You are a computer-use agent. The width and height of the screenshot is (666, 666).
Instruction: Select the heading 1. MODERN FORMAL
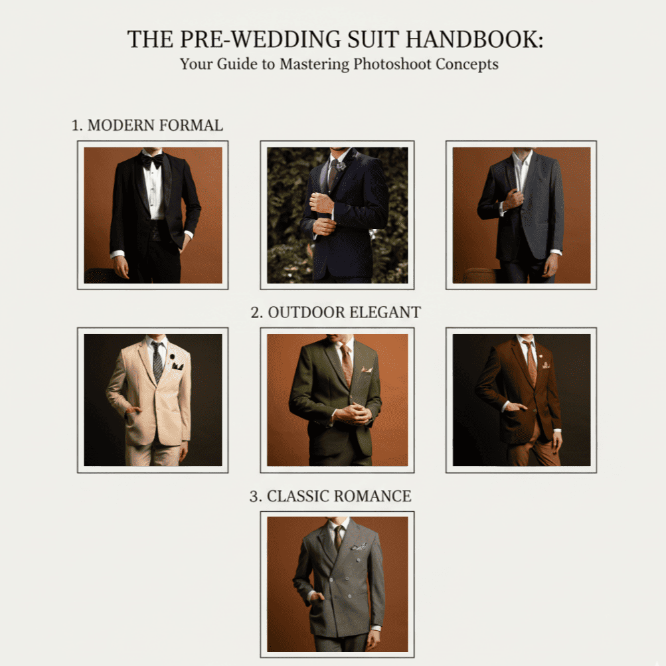(x=147, y=125)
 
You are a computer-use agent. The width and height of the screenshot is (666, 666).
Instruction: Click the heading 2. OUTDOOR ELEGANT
(x=335, y=312)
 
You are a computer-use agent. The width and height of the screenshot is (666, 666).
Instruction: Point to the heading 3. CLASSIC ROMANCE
(x=331, y=496)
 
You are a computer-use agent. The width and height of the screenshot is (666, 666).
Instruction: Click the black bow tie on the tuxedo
(x=152, y=160)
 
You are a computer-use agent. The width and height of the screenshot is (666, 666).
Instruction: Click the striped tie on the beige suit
(x=157, y=362)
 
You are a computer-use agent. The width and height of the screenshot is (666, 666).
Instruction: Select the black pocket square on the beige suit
(x=177, y=366)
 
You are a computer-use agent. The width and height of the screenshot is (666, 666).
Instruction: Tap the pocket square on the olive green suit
(x=367, y=370)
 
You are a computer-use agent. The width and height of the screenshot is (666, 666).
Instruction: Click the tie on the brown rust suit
(x=531, y=364)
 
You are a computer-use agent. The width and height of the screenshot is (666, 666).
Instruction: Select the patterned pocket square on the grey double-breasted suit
(x=359, y=546)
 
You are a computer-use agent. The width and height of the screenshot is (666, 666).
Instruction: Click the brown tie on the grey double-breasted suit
(x=338, y=538)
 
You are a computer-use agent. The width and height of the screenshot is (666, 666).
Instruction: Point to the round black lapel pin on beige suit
(x=173, y=356)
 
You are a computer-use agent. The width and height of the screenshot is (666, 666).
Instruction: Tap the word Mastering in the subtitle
(x=314, y=64)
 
